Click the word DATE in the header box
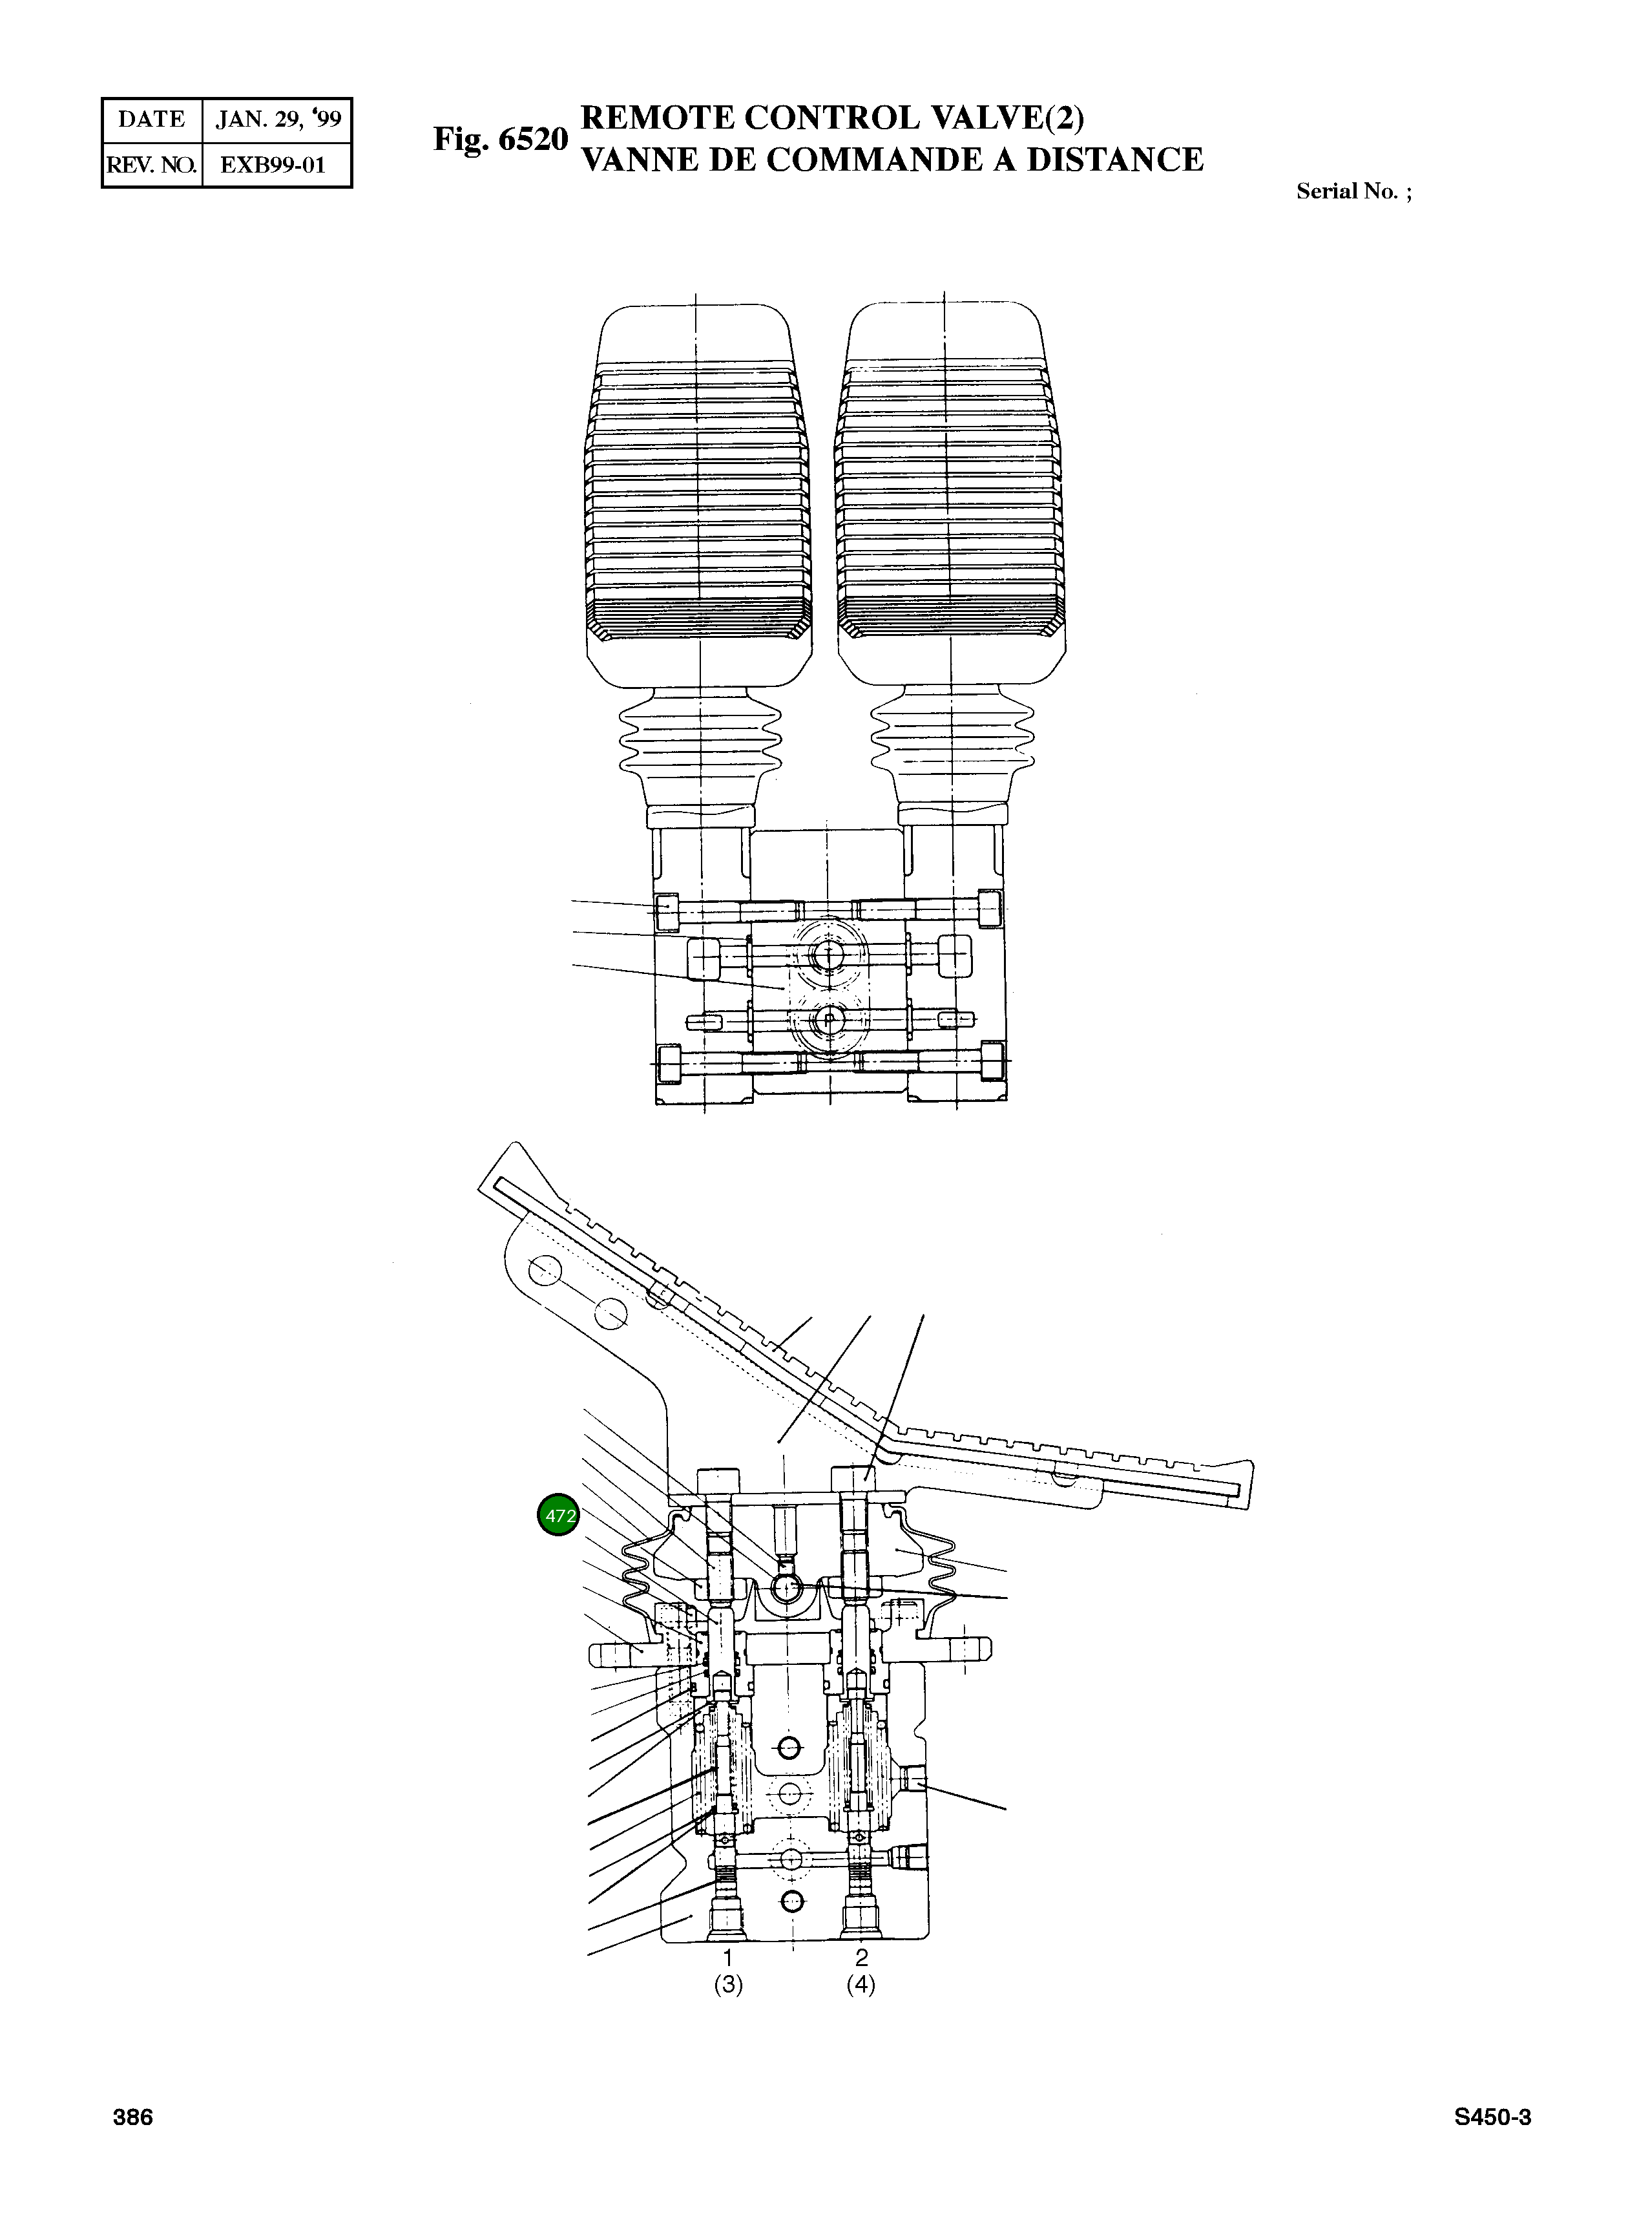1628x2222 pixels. (151, 120)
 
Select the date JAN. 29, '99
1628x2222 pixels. (278, 120)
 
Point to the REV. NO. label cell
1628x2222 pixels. (151, 165)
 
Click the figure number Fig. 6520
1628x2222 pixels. (501, 139)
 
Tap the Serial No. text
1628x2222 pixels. (1352, 191)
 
